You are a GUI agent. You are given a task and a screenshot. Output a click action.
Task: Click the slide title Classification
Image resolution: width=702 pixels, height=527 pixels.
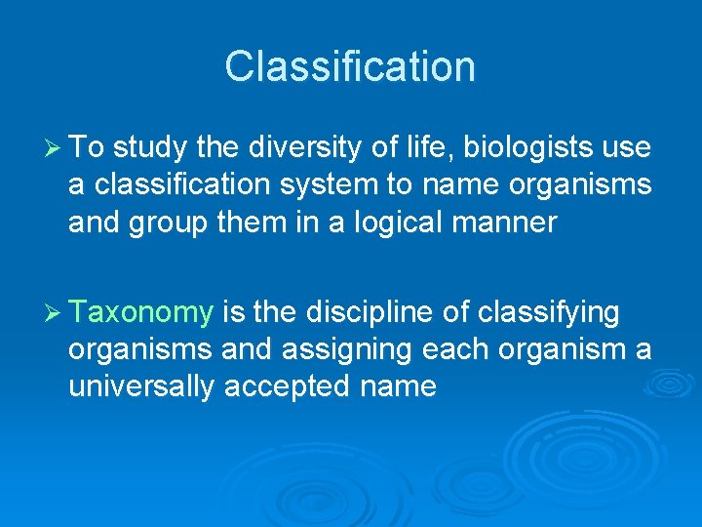[x=350, y=66]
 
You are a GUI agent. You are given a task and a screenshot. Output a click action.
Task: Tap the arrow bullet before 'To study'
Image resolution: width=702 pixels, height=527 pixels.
[x=53, y=147]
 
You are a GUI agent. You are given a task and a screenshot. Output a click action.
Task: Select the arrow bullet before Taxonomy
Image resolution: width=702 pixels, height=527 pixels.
[x=53, y=312]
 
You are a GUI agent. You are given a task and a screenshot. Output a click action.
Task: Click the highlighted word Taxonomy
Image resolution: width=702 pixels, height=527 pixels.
[x=141, y=313]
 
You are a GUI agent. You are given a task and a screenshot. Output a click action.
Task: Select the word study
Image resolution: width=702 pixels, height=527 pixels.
[x=151, y=147]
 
